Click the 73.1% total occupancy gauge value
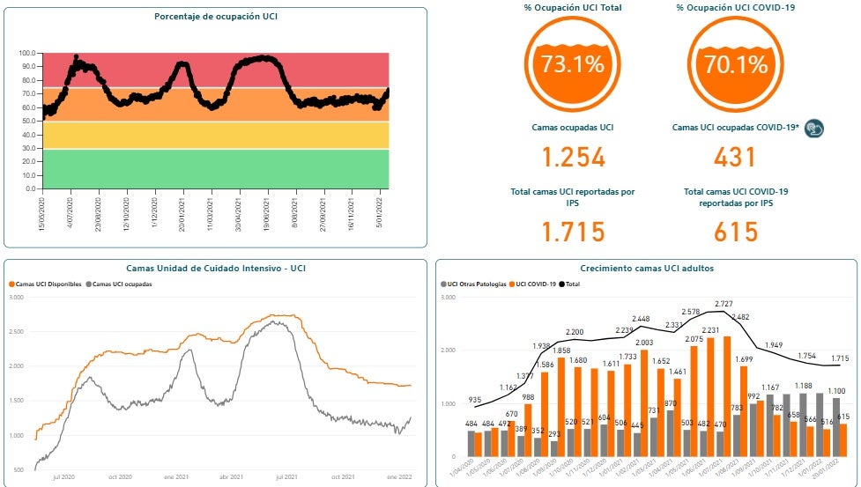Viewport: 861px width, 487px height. (x=573, y=63)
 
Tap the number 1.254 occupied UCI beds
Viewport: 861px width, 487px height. (x=573, y=158)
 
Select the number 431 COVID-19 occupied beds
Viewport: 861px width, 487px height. (x=735, y=158)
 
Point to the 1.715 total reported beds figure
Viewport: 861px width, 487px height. (x=573, y=232)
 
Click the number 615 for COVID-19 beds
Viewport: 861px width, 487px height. (x=735, y=232)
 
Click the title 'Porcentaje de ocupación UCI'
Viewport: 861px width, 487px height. (x=215, y=16)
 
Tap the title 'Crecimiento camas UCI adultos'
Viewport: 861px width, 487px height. (x=647, y=268)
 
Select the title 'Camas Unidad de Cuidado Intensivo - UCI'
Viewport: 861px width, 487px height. (x=215, y=268)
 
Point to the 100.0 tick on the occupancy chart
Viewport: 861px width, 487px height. (x=27, y=53)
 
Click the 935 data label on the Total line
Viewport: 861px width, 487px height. (x=474, y=399)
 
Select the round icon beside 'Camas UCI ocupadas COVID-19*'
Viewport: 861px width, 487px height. (x=814, y=129)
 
